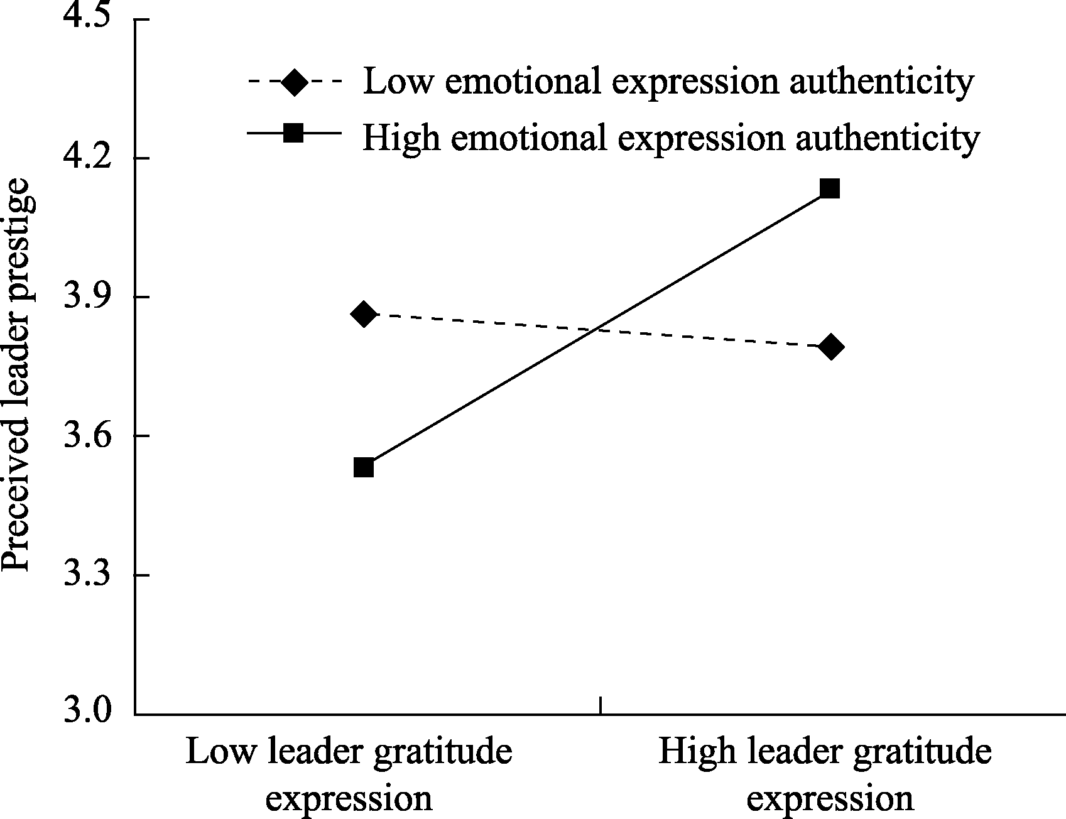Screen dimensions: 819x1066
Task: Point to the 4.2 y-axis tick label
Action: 89,158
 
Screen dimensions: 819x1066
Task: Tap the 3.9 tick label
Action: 89,296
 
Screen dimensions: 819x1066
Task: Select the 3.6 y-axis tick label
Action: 89,435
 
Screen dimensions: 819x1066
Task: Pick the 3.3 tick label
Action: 89,575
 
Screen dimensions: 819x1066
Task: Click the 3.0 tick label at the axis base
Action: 89,713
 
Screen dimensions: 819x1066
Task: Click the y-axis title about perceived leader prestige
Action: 16,376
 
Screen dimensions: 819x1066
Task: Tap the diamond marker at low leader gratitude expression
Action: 364,313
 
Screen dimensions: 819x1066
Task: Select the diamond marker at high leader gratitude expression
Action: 830,347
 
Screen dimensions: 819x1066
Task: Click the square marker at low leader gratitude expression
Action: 364,467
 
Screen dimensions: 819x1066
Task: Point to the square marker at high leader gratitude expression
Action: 830,188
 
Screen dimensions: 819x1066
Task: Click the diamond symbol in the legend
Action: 294,82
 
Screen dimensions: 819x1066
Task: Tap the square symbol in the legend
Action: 294,133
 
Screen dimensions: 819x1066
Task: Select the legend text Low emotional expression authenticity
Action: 668,82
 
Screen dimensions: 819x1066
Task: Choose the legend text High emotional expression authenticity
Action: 671,137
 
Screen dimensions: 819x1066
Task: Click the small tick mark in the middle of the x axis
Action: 601,705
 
